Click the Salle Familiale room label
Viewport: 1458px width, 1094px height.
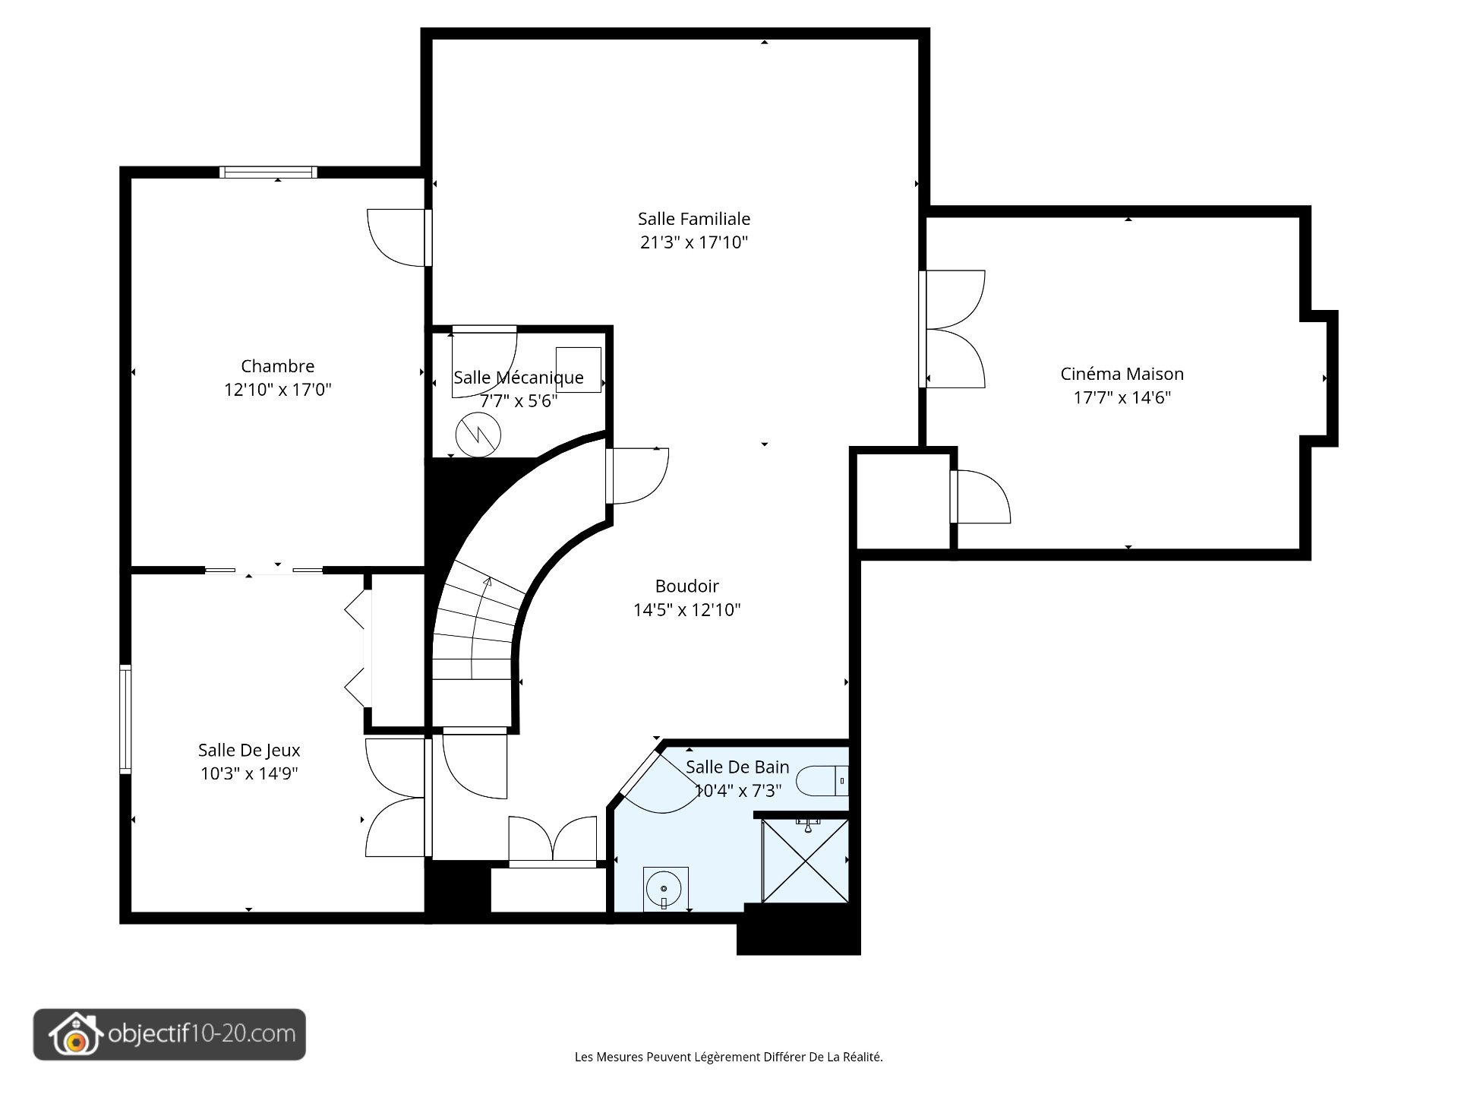[x=694, y=219]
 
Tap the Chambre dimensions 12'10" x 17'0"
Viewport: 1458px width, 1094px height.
[x=278, y=390]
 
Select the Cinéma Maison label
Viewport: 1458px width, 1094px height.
[x=1122, y=374]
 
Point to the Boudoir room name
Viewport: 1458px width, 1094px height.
[x=687, y=586]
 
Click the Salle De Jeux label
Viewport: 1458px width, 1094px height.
[x=249, y=750]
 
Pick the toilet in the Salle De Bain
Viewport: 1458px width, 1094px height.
[x=822, y=780]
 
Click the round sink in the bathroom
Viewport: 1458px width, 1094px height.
[x=664, y=888]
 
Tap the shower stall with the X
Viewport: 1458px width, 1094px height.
[x=805, y=861]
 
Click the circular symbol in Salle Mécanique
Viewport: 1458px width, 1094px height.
[x=478, y=435]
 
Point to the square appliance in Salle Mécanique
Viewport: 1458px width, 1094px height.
[x=579, y=370]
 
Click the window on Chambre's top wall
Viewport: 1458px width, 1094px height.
[x=269, y=172]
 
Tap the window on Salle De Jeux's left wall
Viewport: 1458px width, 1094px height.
[x=125, y=719]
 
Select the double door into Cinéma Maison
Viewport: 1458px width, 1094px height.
[x=953, y=329]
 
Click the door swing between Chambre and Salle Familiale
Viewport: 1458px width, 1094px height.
[x=397, y=238]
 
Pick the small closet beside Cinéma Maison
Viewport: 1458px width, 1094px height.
[x=904, y=501]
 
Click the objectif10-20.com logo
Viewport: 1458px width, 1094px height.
[x=169, y=1034]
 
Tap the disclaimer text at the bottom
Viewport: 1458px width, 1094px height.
[x=729, y=1057]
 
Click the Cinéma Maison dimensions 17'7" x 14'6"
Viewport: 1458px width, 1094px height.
[x=1122, y=397]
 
